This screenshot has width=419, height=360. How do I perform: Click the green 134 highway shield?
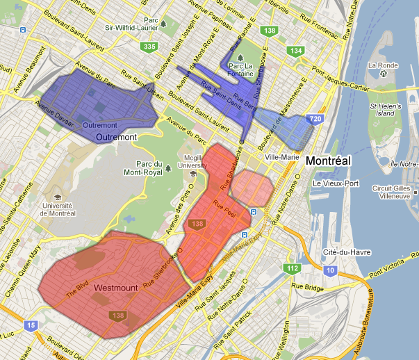297,51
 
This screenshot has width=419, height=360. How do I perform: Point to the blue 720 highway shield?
315,120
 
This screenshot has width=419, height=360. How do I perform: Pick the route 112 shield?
292,268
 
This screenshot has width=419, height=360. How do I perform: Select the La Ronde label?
381,65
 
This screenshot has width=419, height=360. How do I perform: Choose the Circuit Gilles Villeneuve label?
393,192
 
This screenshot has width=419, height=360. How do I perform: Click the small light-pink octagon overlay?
252,187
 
